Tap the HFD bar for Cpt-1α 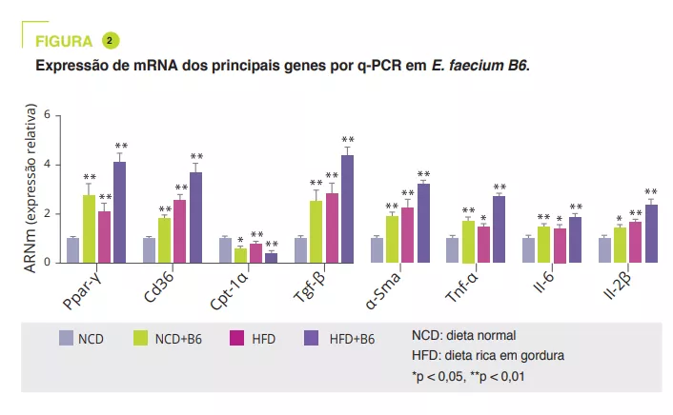click(x=255, y=253)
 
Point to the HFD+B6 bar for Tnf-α click(x=499, y=229)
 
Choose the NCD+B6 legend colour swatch click(x=139, y=338)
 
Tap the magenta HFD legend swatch click(x=238, y=338)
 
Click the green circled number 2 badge click(x=111, y=40)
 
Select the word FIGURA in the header click(x=64, y=41)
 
